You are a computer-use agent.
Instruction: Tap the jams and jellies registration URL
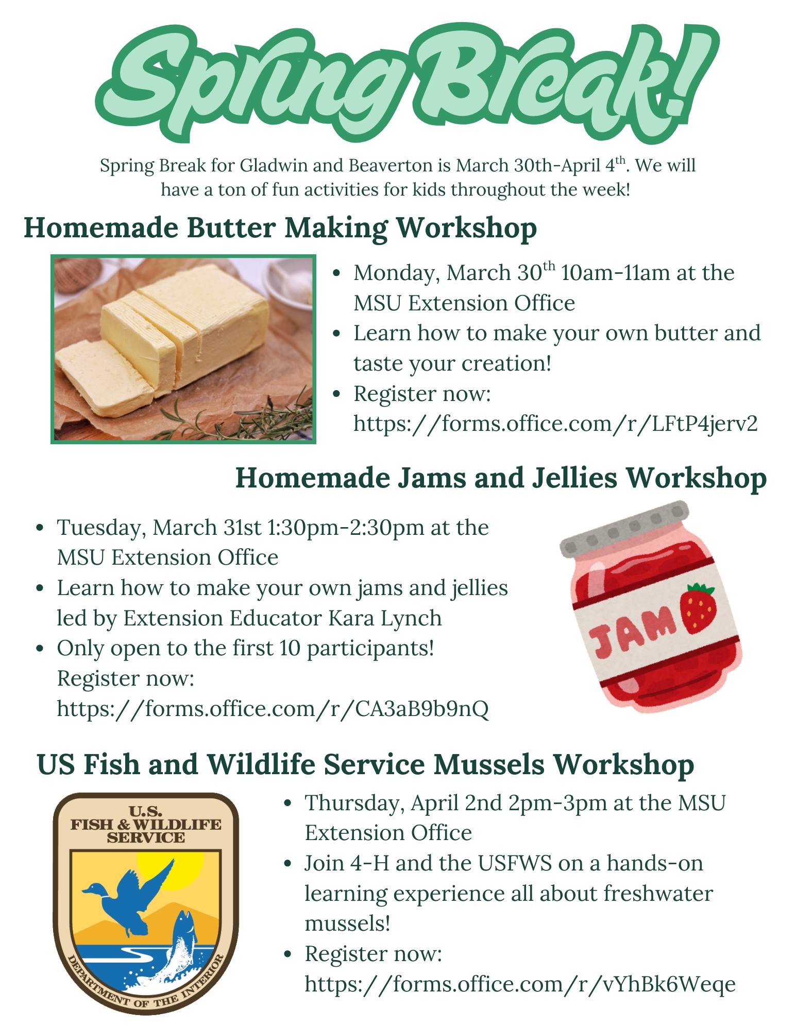(273, 708)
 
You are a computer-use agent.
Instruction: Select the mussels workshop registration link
(520, 984)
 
